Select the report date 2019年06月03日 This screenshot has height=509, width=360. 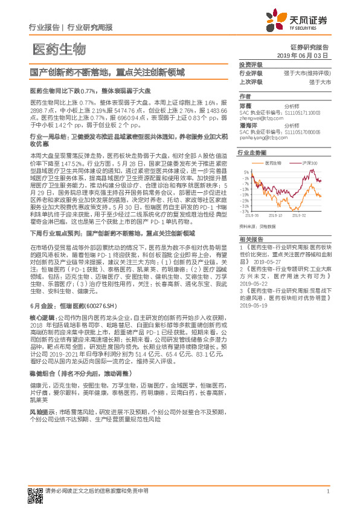(307, 55)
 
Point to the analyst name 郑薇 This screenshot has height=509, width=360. (245, 105)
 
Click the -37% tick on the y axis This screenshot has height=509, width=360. (246, 212)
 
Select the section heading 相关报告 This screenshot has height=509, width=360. (249, 239)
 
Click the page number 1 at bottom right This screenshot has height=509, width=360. (326, 491)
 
